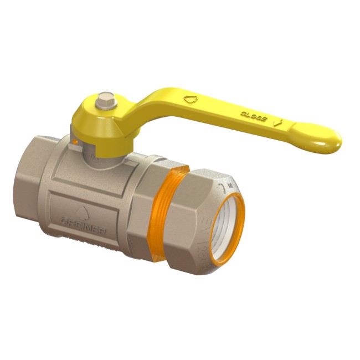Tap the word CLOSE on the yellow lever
point(253,115)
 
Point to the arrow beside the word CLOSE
point(280,122)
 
